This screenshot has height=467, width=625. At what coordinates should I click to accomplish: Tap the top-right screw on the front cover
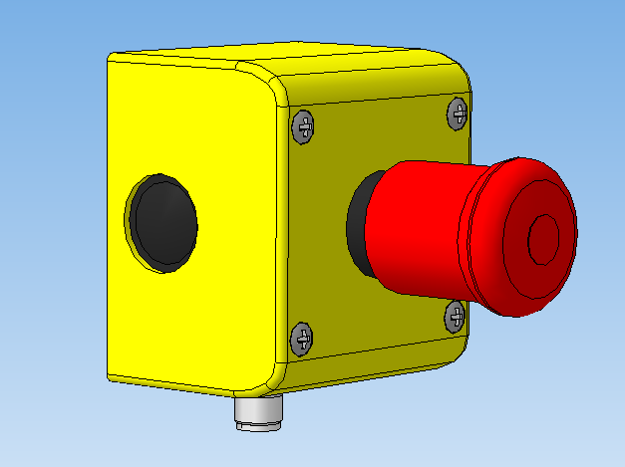(x=457, y=113)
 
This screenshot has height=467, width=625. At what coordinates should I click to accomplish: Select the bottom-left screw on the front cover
(x=301, y=339)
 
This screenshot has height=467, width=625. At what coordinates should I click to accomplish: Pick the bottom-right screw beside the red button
(x=454, y=317)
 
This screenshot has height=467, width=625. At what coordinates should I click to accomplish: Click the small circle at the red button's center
(x=544, y=239)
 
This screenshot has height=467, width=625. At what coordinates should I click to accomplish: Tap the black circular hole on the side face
(x=165, y=225)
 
